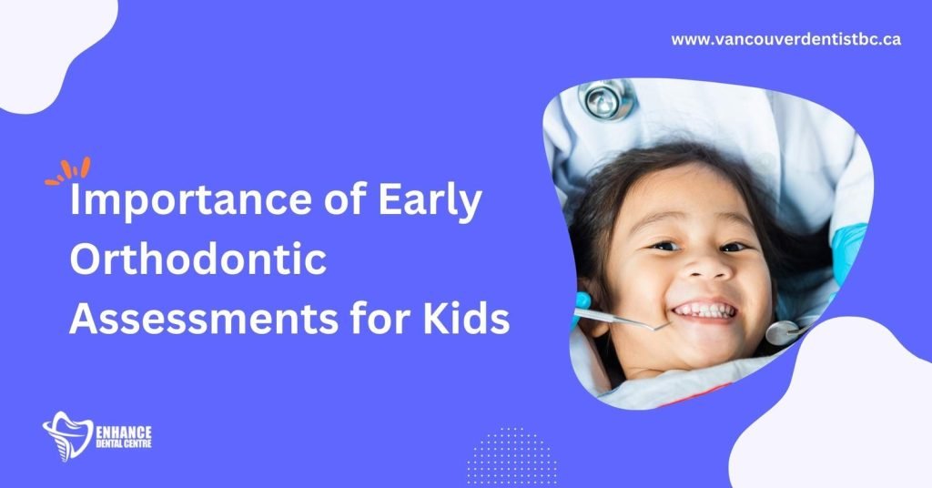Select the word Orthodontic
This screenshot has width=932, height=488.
198,259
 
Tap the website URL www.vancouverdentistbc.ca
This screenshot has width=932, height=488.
785,39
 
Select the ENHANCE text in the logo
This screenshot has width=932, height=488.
124,432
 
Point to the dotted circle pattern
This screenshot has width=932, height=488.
512,455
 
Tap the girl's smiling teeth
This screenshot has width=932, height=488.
705,310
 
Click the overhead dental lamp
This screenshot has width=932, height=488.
606,98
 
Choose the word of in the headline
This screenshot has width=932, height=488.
345,201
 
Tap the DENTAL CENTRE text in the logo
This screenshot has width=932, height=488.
124,443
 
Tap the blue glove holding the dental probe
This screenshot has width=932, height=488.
582,308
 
